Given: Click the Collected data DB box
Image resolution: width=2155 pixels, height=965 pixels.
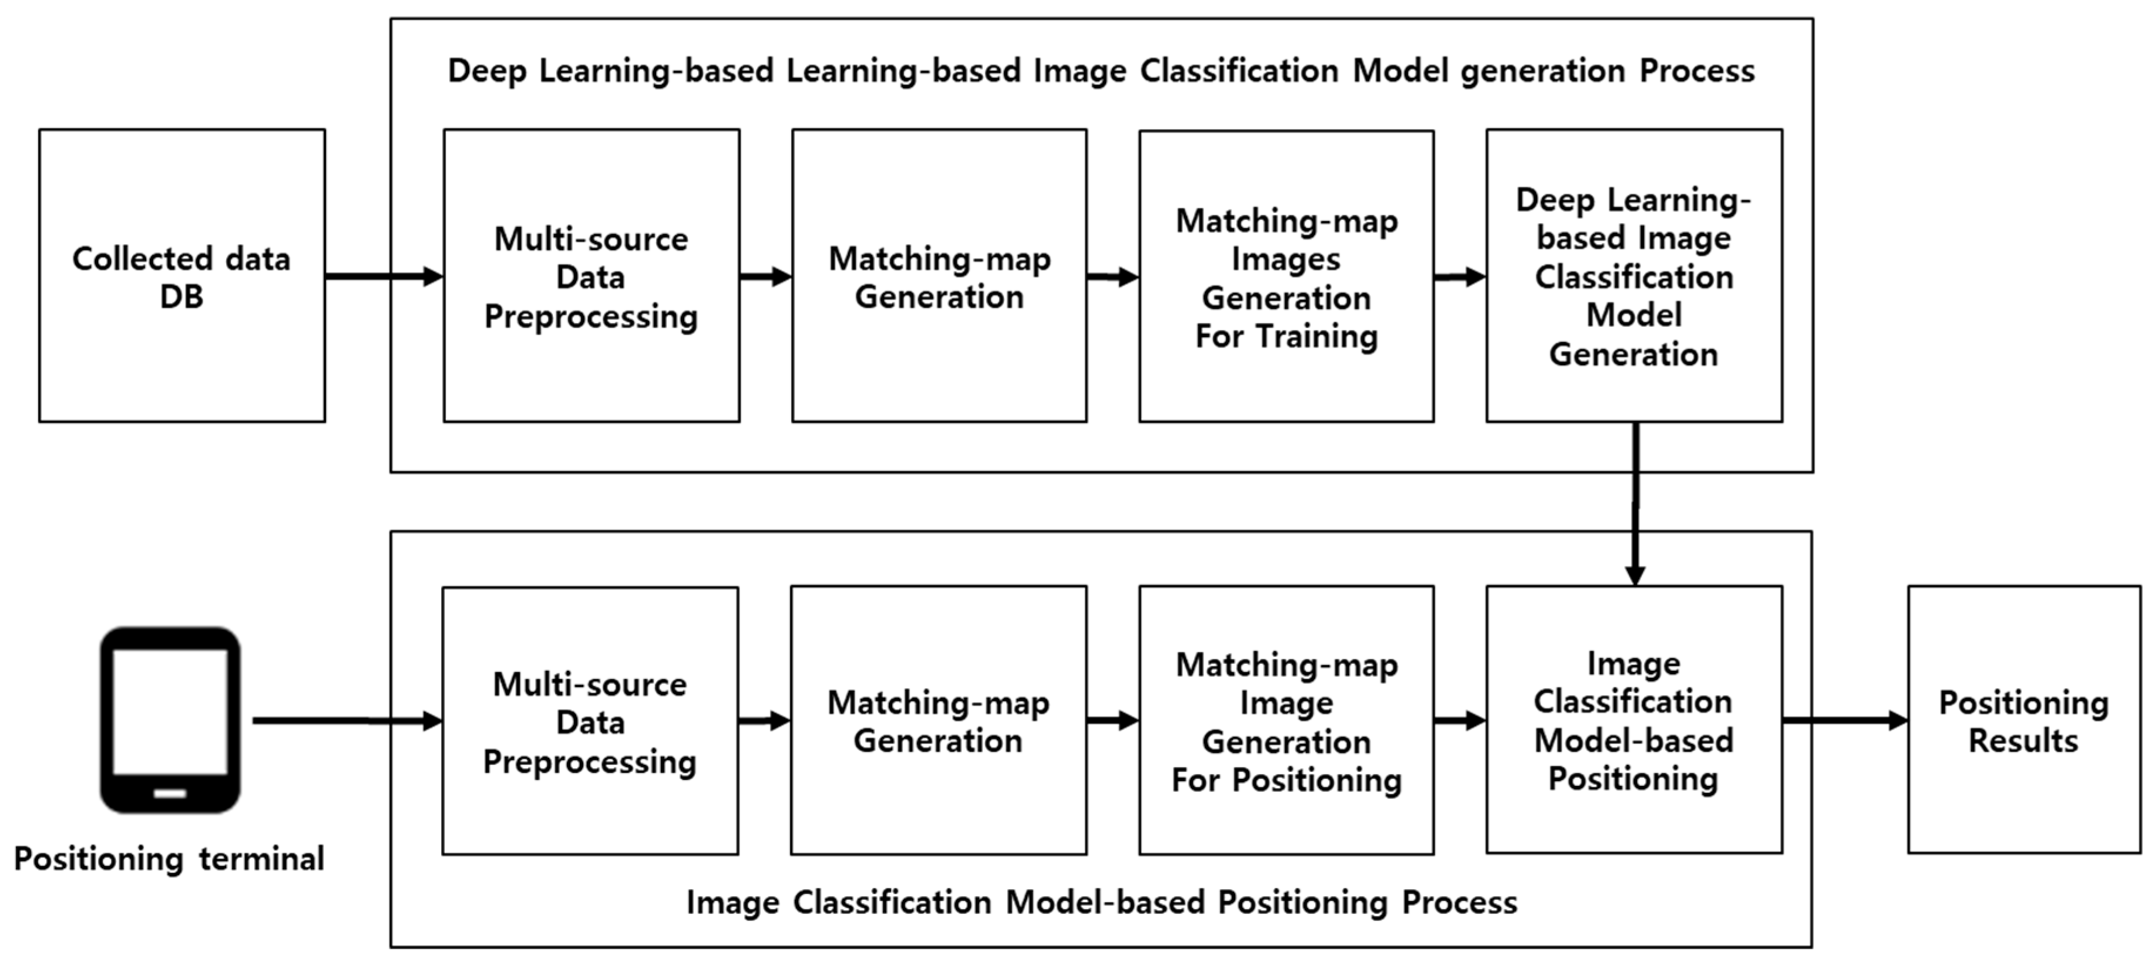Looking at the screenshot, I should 181,275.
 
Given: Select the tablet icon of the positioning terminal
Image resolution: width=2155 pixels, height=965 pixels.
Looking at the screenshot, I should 170,719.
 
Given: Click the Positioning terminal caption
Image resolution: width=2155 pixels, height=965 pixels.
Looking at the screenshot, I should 169,859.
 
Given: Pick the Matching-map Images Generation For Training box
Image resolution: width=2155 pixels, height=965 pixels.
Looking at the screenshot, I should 1286,275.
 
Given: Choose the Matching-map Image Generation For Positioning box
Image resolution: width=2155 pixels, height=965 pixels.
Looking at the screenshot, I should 1286,720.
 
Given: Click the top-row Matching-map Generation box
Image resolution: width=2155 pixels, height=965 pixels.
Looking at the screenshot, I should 939,275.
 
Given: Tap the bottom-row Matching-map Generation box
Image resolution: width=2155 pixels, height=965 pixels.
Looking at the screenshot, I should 938,720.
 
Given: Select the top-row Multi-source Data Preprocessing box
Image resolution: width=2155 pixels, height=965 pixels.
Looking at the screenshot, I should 591,275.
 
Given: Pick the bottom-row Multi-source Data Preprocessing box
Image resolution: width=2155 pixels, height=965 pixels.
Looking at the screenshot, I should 590,720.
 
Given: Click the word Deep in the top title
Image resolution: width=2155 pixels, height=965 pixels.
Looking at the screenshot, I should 487,71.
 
